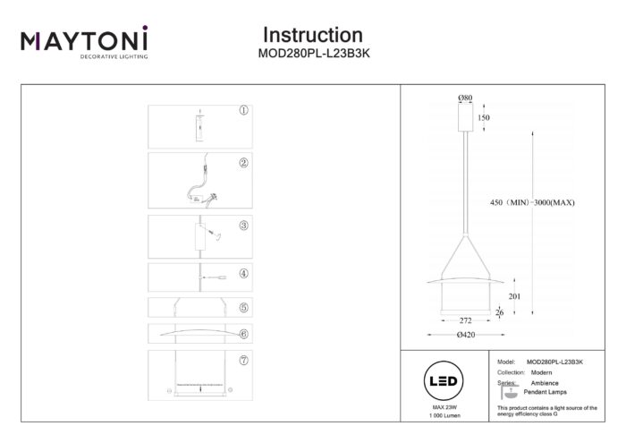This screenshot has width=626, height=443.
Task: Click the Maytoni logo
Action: (84, 42)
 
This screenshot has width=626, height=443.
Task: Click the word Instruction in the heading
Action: (312, 35)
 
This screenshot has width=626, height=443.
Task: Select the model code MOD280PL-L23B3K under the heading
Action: (312, 53)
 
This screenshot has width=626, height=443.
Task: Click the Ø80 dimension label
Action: (465, 98)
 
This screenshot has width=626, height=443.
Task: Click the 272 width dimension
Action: (465, 319)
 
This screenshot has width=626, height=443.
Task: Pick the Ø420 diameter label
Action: (465, 335)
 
